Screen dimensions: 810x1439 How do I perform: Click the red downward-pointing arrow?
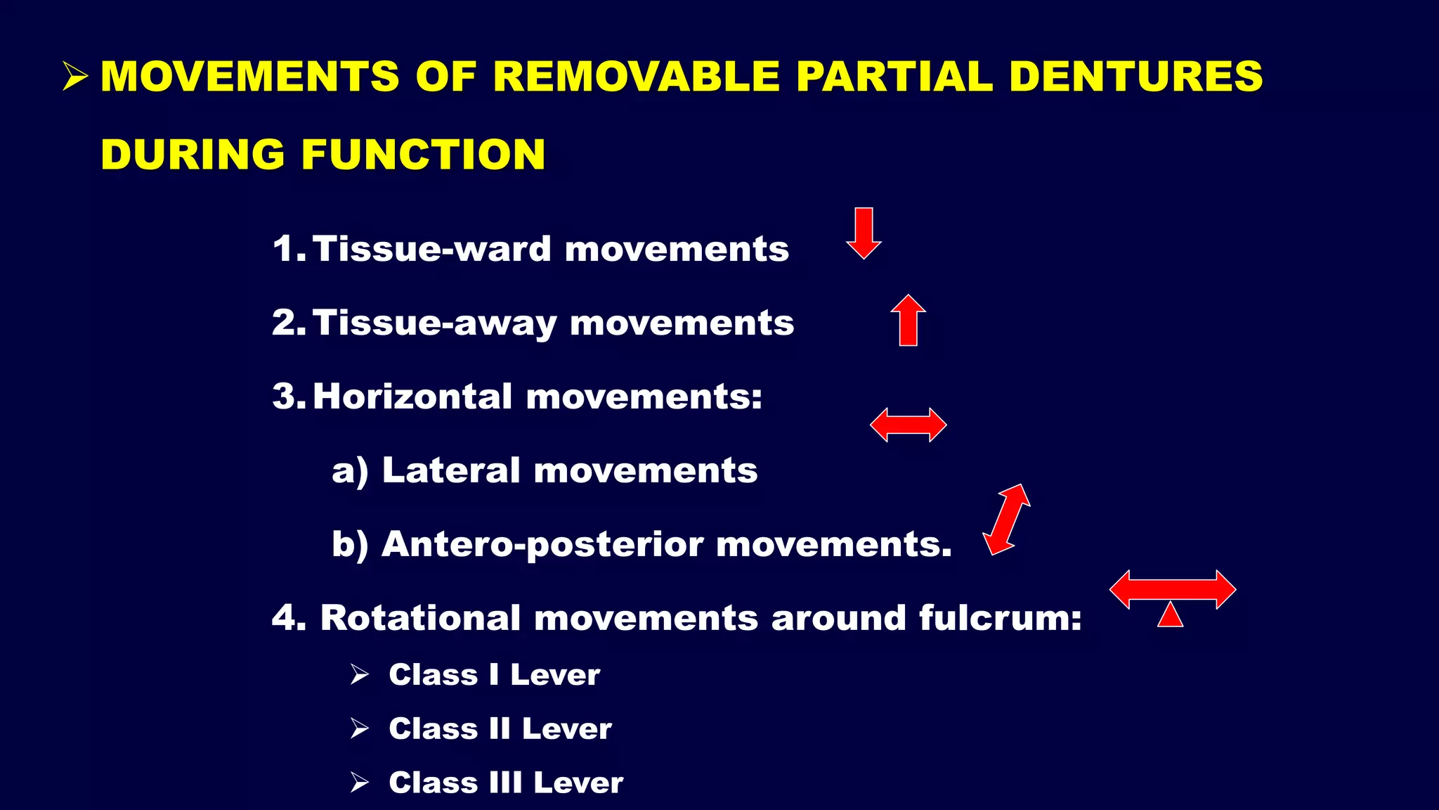pyautogui.click(x=864, y=233)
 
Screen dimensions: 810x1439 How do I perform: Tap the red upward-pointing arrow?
pyautogui.click(x=908, y=320)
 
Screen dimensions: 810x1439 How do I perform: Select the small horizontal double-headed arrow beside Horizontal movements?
pyautogui.click(x=908, y=425)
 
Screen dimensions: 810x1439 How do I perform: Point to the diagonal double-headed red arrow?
pyautogui.click(x=1006, y=520)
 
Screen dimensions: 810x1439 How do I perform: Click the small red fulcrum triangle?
pyautogui.click(x=1170, y=615)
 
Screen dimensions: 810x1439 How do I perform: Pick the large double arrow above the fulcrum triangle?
pyautogui.click(x=1172, y=589)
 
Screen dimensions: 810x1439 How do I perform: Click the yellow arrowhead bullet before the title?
pyautogui.click(x=74, y=76)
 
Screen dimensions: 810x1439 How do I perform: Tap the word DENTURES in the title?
pyautogui.click(x=1135, y=76)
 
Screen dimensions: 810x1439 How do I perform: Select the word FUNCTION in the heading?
pyautogui.click(x=423, y=155)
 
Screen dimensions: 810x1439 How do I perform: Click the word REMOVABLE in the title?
pyautogui.click(x=636, y=76)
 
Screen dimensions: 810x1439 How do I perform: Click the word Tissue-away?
pyautogui.click(x=434, y=323)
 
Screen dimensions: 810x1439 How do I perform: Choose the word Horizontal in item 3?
pyautogui.click(x=412, y=397)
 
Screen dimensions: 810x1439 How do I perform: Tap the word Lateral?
pyautogui.click(x=450, y=470)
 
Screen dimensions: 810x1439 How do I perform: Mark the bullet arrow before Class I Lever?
pyautogui.click(x=360, y=675)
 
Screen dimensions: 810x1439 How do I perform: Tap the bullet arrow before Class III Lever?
pyautogui.click(x=360, y=783)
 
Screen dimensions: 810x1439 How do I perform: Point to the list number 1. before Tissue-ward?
pyautogui.click(x=288, y=249)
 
